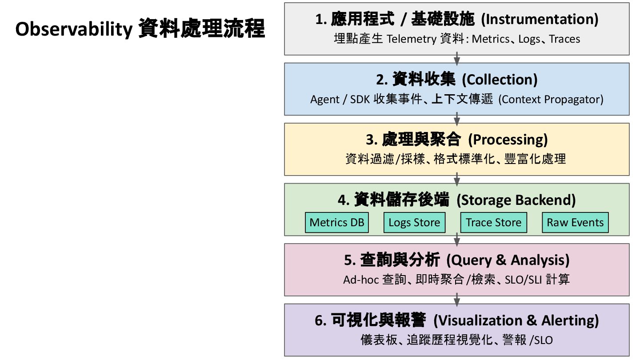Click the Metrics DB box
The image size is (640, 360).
point(336,223)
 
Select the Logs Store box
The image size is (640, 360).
point(414,223)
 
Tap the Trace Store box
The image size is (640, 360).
point(493,223)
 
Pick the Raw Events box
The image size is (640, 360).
point(575,223)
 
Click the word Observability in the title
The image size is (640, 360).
point(73,30)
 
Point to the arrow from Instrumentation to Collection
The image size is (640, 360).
point(457,59)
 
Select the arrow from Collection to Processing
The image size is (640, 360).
point(457,119)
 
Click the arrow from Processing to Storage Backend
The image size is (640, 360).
point(457,179)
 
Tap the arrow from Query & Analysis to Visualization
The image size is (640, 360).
point(457,300)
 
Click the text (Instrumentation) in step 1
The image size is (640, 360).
point(540,19)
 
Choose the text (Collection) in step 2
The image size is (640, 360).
point(500,80)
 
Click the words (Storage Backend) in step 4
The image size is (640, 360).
point(516,200)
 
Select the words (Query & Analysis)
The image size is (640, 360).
point(508,260)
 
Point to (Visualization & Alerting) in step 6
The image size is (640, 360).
point(516,320)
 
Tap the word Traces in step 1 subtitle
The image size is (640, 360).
point(564,39)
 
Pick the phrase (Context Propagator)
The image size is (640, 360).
point(551,100)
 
